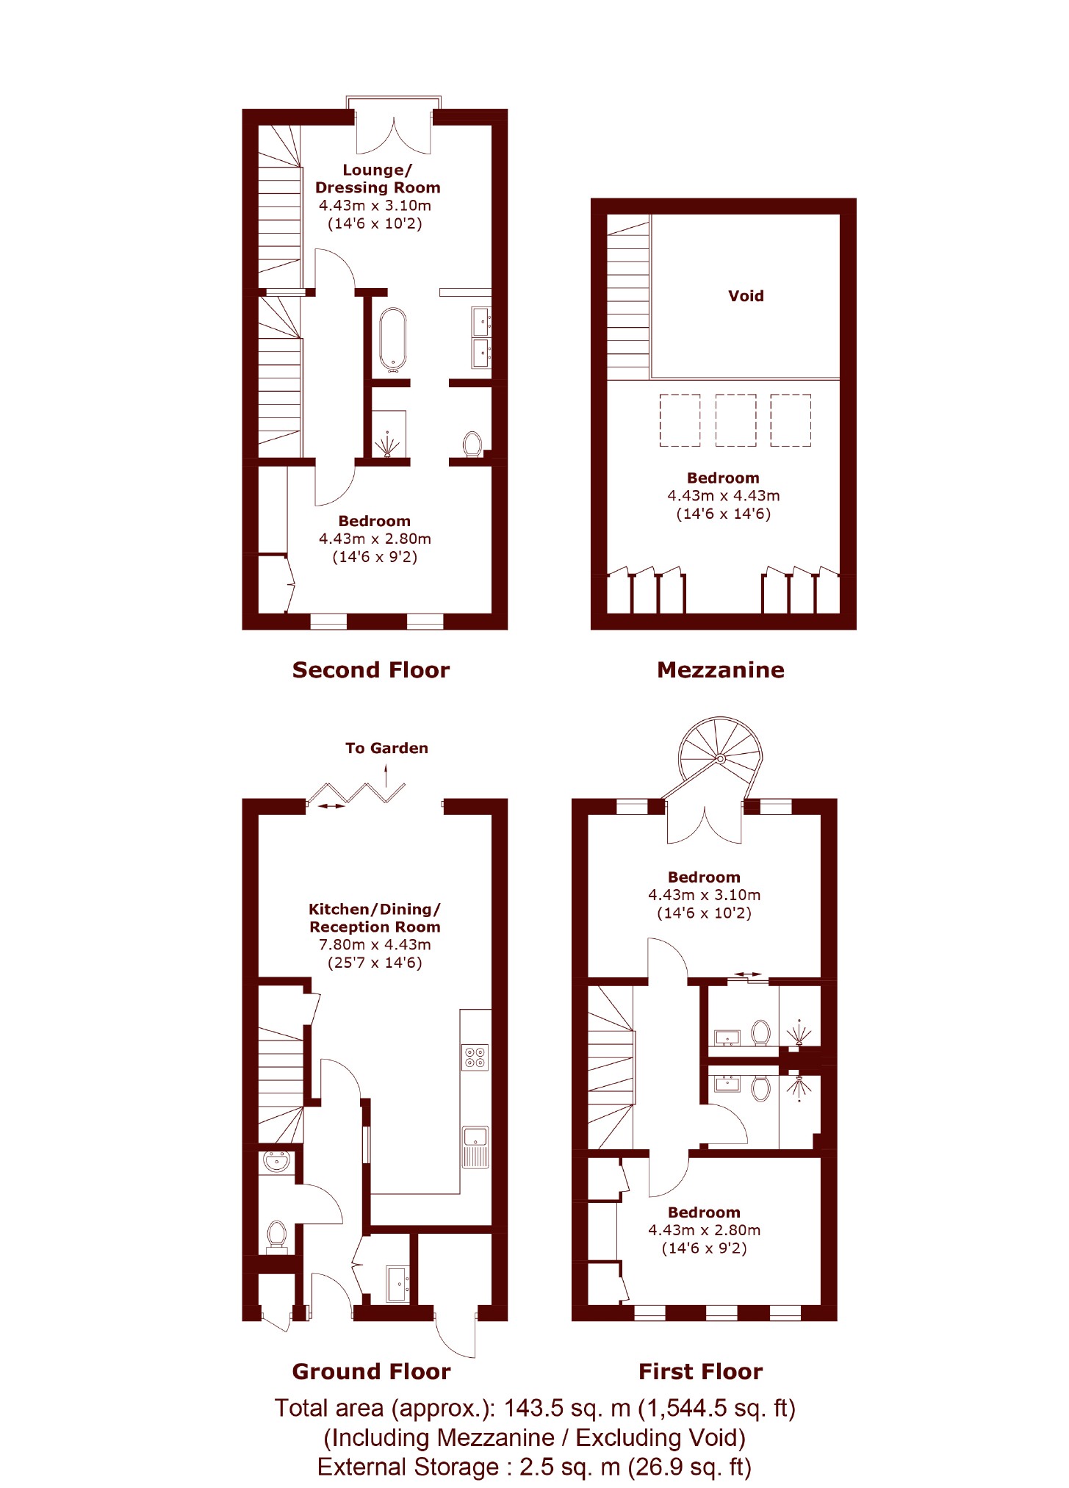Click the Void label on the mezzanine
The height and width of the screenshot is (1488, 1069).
[x=746, y=296]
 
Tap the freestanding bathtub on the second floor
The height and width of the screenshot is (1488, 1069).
[x=393, y=338]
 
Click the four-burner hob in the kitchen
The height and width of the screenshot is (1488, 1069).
[x=475, y=1057]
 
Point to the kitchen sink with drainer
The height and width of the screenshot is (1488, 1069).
[x=475, y=1147]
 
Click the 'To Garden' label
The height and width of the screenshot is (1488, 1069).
[x=386, y=748]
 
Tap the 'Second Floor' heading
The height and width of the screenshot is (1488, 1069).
[x=371, y=670]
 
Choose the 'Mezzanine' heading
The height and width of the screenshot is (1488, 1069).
[x=721, y=670]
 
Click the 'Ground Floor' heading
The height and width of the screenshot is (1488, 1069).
[x=371, y=1372]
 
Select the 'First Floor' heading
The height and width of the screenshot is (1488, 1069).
[x=701, y=1372]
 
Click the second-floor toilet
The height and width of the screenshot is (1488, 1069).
[x=472, y=444]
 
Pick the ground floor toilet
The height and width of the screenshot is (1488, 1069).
[x=276, y=1234]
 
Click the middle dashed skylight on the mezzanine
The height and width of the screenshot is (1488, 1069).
[x=735, y=420]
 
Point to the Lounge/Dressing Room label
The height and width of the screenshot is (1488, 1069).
[x=378, y=179]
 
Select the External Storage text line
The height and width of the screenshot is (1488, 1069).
[x=534, y=1467]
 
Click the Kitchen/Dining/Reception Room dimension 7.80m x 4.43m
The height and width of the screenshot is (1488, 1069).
[x=375, y=945]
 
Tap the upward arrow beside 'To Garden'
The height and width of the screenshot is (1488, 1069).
[x=386, y=775]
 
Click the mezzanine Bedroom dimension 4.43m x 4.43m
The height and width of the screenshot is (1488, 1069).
[x=724, y=496]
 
